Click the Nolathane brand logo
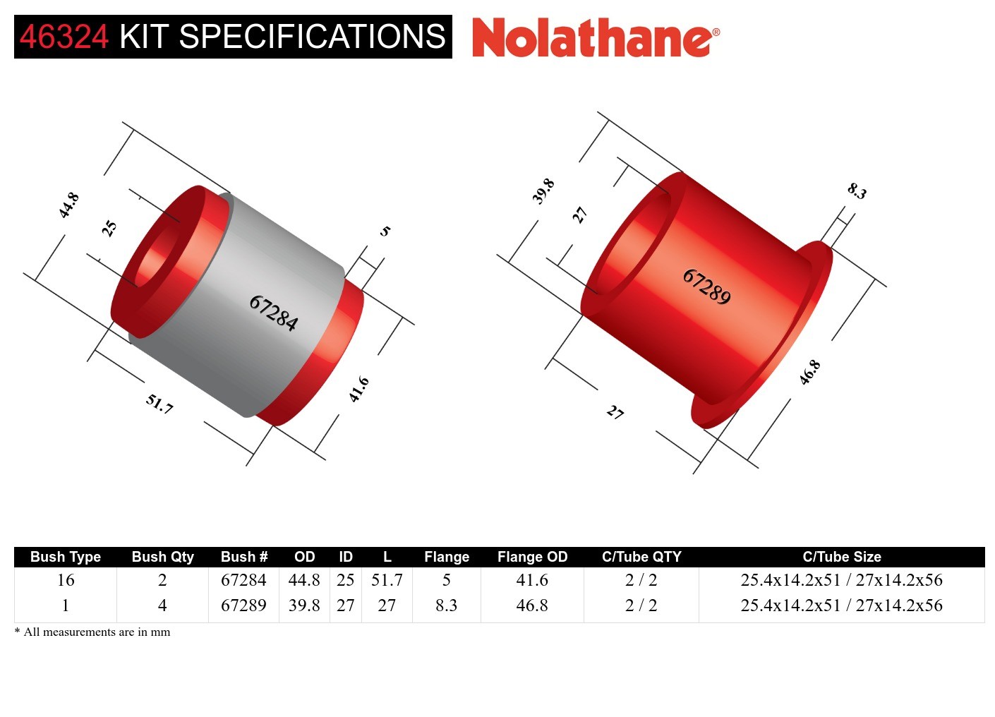click(595, 37)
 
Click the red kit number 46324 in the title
click(64, 37)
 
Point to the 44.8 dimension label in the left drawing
click(68, 205)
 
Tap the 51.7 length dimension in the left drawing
click(159, 404)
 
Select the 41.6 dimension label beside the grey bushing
click(359, 389)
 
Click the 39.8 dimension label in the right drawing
click(543, 191)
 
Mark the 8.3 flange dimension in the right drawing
click(857, 191)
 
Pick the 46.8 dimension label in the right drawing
click(809, 372)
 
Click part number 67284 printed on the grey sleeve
click(273, 313)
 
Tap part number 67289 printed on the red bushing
click(706, 286)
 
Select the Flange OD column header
click(532, 557)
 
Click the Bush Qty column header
click(162, 557)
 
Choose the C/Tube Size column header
click(841, 557)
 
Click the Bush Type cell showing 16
click(66, 580)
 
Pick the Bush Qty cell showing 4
click(162, 605)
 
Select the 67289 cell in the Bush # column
click(243, 605)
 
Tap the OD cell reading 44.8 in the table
click(304, 580)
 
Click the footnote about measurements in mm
click(92, 632)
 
